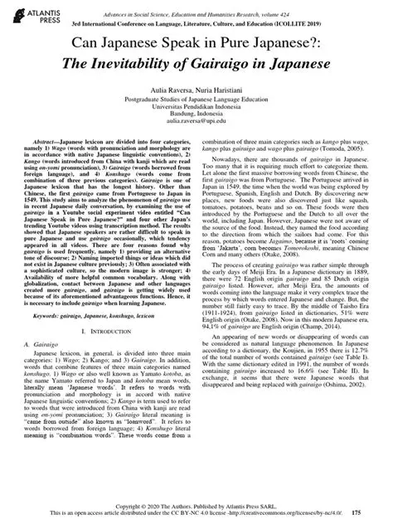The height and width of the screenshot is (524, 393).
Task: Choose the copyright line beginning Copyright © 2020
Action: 196,506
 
